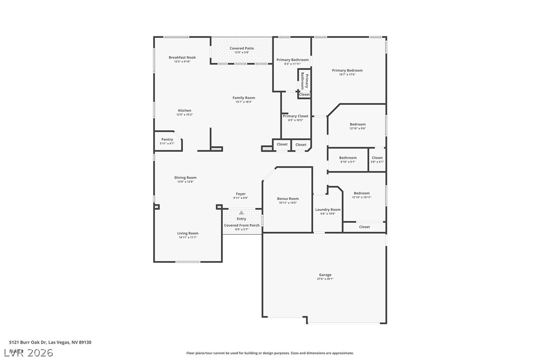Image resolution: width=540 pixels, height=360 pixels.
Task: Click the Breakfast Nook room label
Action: [x=182, y=58]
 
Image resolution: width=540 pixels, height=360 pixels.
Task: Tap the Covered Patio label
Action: [x=242, y=48]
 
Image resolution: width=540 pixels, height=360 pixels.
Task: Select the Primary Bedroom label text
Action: [x=347, y=71]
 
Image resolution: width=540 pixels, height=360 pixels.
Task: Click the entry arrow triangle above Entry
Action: [x=242, y=213]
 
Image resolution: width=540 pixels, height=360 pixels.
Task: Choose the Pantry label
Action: [x=167, y=140]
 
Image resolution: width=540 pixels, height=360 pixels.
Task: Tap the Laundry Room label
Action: [x=328, y=210]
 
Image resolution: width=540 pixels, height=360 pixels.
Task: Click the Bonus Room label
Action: [x=288, y=199]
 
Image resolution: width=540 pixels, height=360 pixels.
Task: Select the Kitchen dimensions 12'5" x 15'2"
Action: [x=184, y=115]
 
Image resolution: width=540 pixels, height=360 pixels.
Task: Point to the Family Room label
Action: [x=244, y=98]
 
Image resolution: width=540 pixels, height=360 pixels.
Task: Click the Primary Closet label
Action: [x=296, y=116]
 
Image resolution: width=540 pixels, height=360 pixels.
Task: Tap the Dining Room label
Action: [x=185, y=178]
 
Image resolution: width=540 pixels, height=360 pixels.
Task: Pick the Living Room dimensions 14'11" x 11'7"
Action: [x=188, y=238]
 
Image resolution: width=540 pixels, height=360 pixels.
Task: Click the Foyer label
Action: [x=241, y=194]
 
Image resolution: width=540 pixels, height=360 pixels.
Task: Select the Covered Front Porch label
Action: [x=242, y=225]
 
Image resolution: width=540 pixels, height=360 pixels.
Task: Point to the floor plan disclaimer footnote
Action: [x=270, y=353]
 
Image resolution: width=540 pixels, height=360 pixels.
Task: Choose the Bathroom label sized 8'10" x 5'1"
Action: [x=348, y=158]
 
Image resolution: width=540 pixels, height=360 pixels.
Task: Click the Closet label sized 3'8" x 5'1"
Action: [x=377, y=158]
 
